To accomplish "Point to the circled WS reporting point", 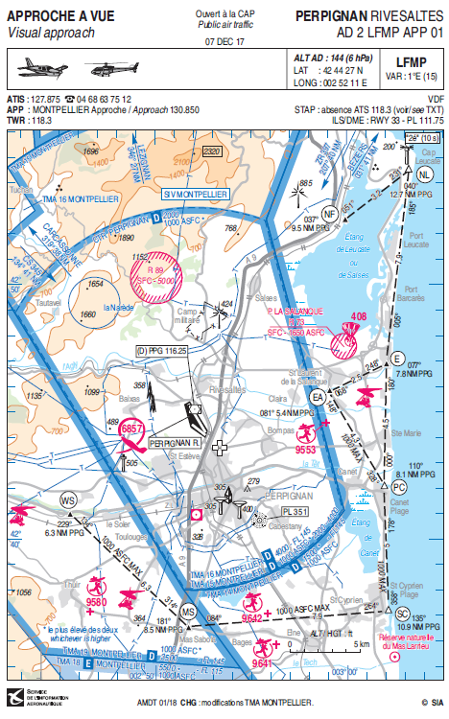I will (68, 499).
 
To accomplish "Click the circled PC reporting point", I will (398, 487).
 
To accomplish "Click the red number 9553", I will (306, 449).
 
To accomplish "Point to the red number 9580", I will (96, 601).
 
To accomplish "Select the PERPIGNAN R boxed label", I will (174, 443).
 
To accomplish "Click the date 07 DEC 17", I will (224, 42).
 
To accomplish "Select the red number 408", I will (359, 316).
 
